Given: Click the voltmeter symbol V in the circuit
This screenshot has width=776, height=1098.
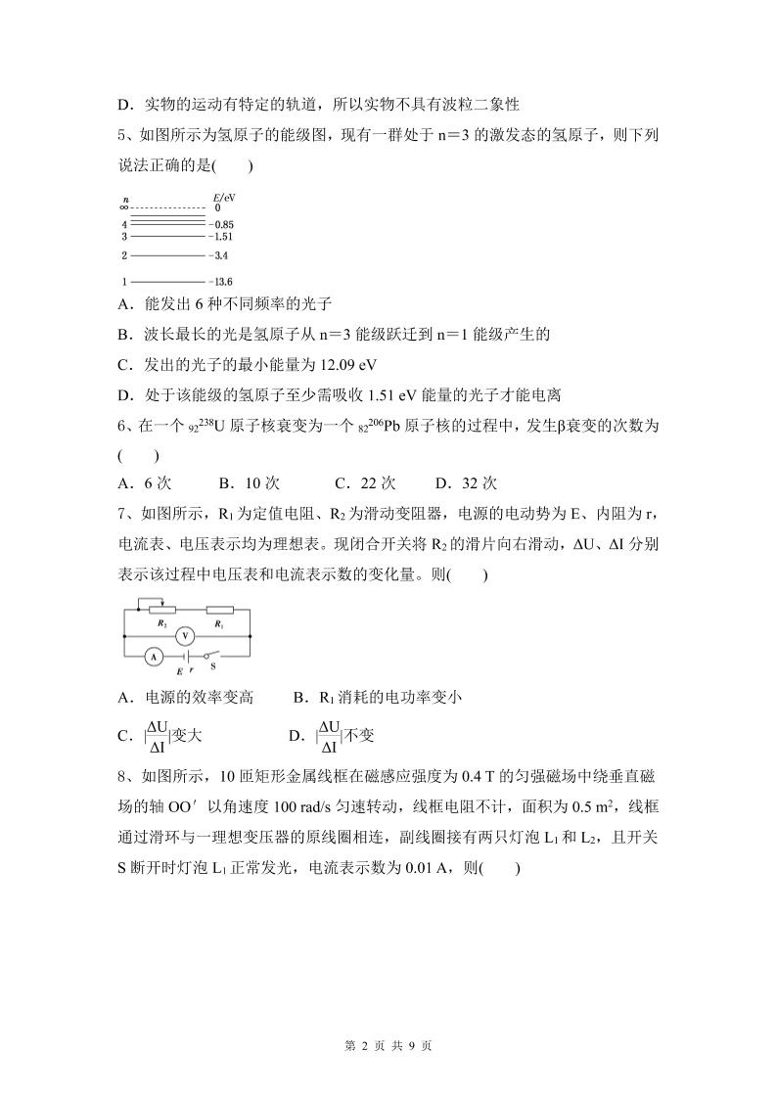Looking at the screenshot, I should click(x=181, y=635).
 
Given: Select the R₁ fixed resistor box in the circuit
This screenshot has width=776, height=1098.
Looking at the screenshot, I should click(x=219, y=612).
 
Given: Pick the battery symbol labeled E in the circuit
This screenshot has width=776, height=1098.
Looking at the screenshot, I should click(x=182, y=658).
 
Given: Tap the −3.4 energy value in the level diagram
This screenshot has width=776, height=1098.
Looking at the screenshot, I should click(x=218, y=256).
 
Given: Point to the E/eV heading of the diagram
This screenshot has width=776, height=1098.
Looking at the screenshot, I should click(x=223, y=197).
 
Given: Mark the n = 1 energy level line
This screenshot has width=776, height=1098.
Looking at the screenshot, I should click(x=166, y=281).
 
